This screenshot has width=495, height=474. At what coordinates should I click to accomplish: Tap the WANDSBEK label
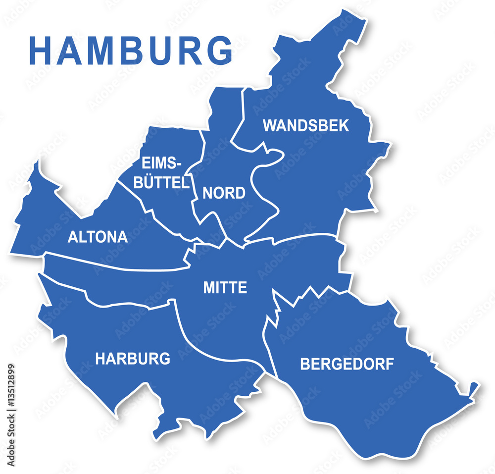pos(305,125)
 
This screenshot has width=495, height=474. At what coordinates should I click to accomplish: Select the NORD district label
pos(224,193)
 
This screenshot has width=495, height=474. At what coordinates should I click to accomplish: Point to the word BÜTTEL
pos(162,183)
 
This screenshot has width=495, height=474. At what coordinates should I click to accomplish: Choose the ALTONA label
pos(98,237)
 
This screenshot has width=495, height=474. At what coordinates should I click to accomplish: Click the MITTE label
pos(225,288)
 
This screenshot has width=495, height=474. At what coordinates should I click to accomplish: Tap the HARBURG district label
pos(133,359)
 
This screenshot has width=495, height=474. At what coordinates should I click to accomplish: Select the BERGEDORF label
pos(347,365)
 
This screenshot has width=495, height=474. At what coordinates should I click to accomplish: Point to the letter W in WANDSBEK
pos(269,125)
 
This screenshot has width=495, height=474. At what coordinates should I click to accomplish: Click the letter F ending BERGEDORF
pos(390,365)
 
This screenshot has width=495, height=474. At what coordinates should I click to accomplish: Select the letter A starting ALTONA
pos(72,237)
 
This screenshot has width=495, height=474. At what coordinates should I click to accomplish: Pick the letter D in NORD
pos(240,193)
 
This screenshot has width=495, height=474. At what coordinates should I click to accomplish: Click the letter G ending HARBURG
pos(165,359)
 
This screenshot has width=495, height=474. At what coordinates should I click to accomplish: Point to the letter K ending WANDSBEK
pos(344,125)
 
